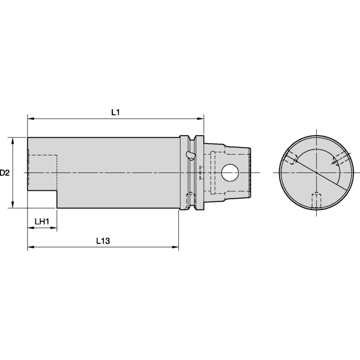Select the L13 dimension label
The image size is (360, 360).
104,240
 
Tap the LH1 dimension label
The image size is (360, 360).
41,221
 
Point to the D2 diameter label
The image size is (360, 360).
5,173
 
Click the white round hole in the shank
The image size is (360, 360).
230,173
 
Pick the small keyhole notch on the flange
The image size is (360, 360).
190,155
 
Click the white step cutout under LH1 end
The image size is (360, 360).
41,200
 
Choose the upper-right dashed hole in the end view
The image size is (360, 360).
335,159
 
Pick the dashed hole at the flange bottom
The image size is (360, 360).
190,199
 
